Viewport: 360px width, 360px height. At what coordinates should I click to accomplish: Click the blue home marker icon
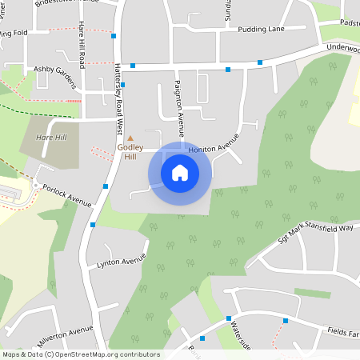pyautogui.click(x=180, y=172)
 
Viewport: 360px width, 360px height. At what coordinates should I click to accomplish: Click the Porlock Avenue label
pyautogui.click(x=69, y=194)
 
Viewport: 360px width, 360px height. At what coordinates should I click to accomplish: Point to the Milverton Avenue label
pyautogui.click(x=58, y=331)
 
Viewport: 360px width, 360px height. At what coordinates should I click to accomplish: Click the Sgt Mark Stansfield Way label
pyautogui.click(x=316, y=235)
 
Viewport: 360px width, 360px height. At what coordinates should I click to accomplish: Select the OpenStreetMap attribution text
pyautogui.click(x=81, y=354)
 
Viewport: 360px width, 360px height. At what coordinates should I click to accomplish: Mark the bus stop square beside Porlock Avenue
pyautogui.click(x=106, y=186)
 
